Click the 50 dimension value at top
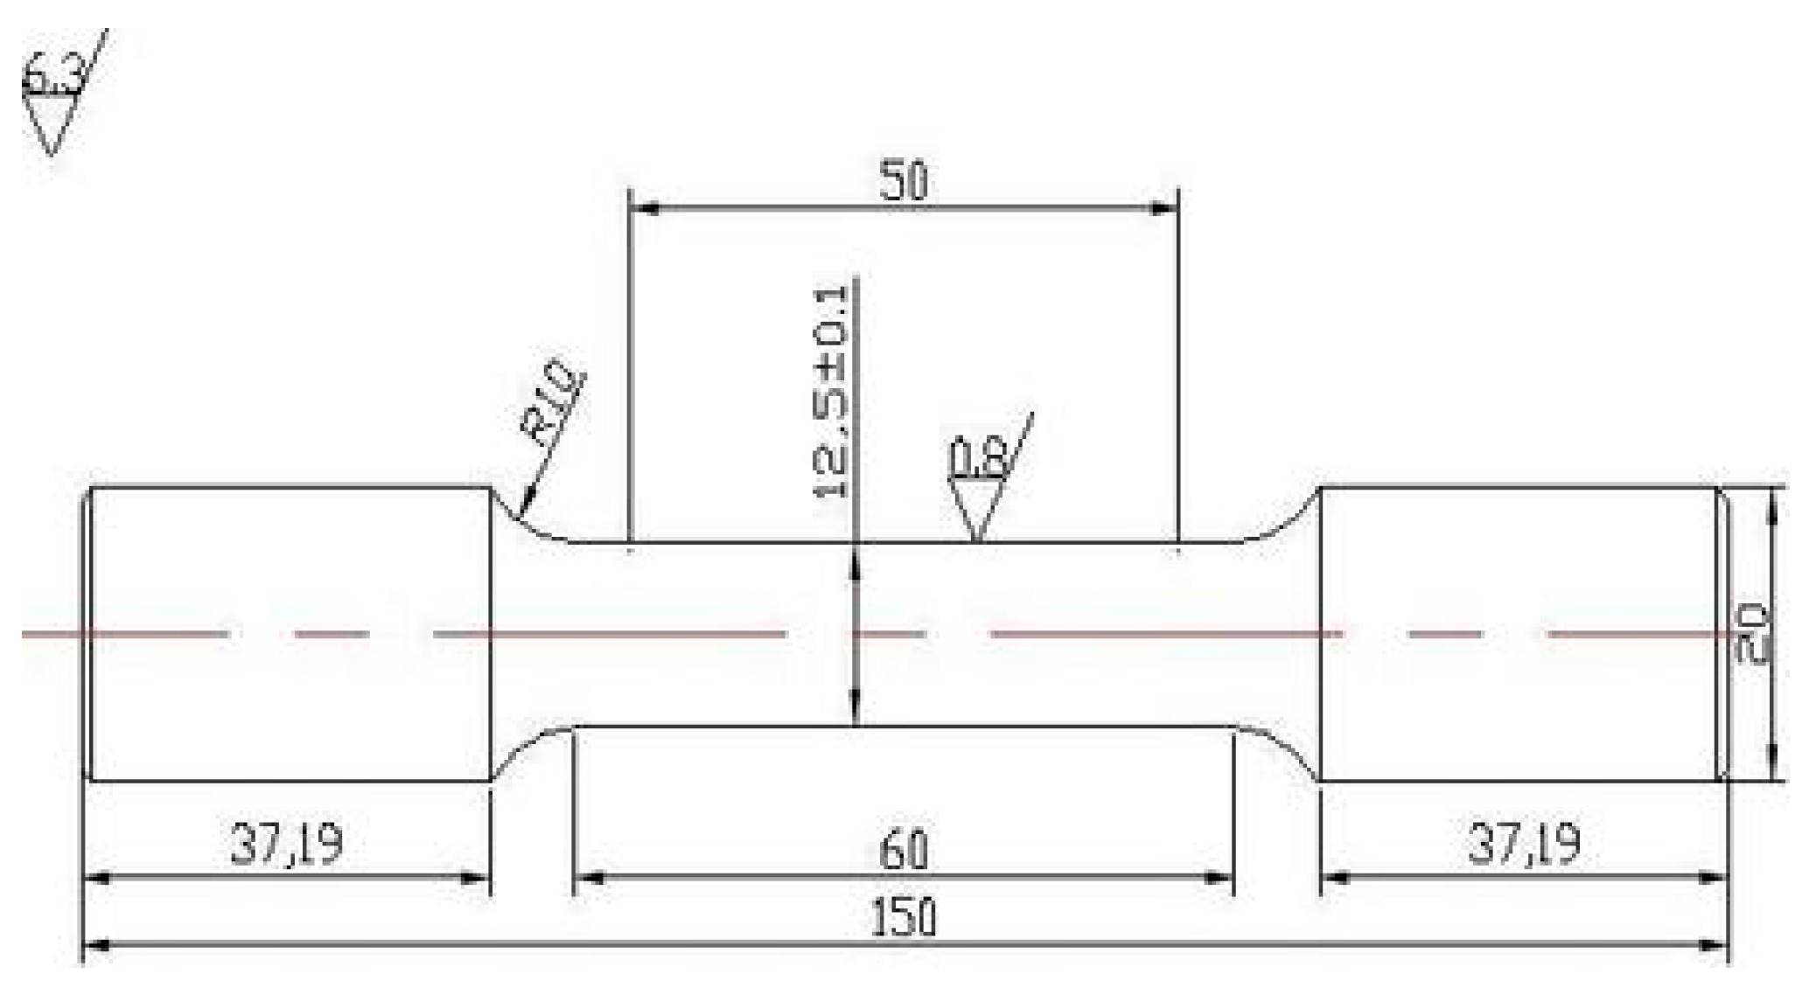904,181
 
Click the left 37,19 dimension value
287,845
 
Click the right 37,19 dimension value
1525,845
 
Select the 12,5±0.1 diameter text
831,392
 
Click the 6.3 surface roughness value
52,77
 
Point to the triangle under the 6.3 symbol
50,122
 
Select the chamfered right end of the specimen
1722,634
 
